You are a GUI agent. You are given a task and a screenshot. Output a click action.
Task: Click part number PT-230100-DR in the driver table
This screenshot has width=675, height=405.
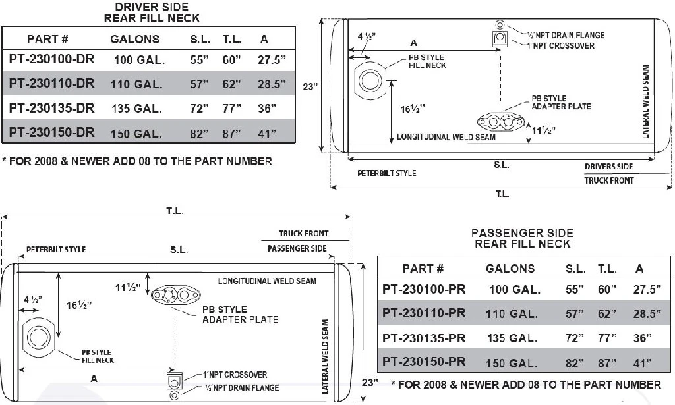click(52, 59)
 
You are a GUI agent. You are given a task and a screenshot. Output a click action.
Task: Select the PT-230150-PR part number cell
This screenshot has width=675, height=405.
click(424, 362)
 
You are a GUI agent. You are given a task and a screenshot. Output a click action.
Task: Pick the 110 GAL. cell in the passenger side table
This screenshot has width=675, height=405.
click(514, 314)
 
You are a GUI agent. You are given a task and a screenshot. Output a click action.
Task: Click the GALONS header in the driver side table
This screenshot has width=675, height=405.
click(135, 39)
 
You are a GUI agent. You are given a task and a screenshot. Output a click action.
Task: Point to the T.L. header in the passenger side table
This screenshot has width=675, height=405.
click(607, 269)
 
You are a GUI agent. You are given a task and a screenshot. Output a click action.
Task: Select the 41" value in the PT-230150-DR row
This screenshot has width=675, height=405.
click(267, 134)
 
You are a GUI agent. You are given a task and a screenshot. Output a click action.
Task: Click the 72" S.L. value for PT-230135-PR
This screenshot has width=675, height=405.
click(575, 338)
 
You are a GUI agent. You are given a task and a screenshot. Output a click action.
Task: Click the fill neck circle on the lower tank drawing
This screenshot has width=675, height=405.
click(35, 338)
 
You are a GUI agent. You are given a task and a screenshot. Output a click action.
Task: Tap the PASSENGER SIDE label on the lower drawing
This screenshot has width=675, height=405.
click(297, 249)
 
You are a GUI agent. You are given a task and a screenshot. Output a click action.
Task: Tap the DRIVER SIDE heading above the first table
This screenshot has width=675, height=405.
click(152, 8)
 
